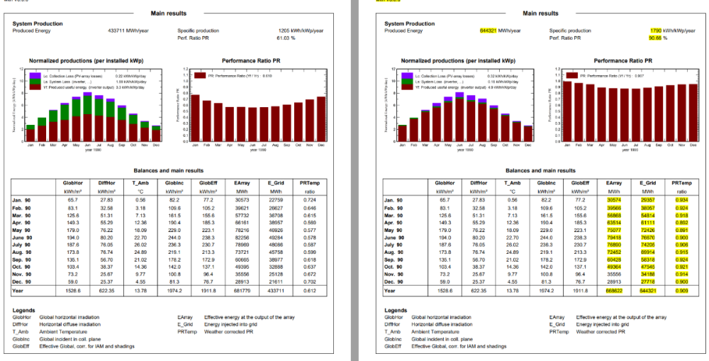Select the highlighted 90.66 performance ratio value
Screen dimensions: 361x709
tap(657, 38)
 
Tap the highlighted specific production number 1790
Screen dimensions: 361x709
tap(657, 30)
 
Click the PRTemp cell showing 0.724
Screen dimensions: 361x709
tap(309, 201)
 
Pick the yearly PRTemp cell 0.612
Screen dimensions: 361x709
tap(309, 291)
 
